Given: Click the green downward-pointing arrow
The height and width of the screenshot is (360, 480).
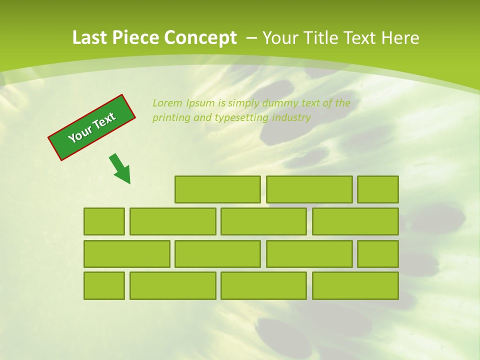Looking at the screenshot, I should pos(120,169).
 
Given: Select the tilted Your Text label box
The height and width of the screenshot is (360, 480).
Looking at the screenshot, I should pos(92,127).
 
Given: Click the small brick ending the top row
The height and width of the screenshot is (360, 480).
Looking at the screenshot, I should pos(378,189).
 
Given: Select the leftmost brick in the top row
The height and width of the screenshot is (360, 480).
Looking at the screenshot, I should pos(217,189).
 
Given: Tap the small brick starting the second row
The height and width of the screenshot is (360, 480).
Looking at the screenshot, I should pos(104,221).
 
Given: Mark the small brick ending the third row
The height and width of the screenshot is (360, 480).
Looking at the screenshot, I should pos(378,254).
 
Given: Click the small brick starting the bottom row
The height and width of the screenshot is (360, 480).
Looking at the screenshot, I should pos(104,286).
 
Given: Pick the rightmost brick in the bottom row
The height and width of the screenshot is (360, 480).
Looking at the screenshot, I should pos(355,286).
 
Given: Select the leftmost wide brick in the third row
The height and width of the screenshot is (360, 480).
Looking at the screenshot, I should pos(127,254).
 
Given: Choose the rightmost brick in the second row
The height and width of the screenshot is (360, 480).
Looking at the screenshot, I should pos(355,221).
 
